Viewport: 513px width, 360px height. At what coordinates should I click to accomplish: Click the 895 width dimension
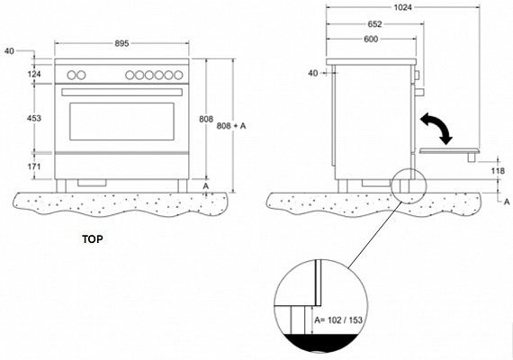[x=121, y=43]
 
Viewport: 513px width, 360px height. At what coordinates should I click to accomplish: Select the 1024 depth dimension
[x=402, y=7]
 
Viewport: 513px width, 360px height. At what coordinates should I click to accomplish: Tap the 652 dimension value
[x=374, y=24]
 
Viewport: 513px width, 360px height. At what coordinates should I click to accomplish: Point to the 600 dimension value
[x=371, y=40]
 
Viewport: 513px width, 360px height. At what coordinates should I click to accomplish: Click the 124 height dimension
[x=34, y=75]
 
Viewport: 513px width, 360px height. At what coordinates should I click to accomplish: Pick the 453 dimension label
[x=34, y=118]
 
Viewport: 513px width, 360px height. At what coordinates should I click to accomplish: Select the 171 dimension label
[x=34, y=166]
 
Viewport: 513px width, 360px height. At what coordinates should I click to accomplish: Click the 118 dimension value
[x=498, y=171]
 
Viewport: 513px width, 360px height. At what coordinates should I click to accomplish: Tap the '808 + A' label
[x=231, y=126]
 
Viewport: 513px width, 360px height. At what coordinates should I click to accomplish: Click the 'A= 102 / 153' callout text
[x=338, y=319]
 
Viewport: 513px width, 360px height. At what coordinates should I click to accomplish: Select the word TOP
[x=93, y=239]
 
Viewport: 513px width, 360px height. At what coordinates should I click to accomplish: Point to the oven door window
[x=122, y=121]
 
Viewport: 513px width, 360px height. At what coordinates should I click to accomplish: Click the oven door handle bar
[x=121, y=93]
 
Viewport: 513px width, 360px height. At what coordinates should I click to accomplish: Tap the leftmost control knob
[x=71, y=76]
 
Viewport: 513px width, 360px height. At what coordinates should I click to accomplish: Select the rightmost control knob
[x=178, y=76]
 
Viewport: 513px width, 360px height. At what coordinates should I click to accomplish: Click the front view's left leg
[x=61, y=186]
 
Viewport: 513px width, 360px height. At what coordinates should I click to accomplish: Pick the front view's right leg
[x=183, y=186]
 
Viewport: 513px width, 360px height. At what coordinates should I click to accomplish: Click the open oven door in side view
[x=450, y=151]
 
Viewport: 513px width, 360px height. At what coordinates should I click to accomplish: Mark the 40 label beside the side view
[x=313, y=73]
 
